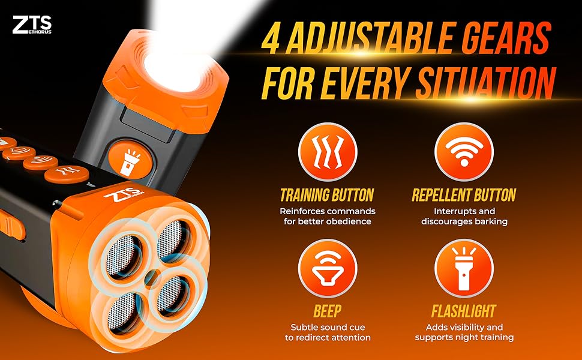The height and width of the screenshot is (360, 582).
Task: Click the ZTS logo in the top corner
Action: click(x=31, y=25)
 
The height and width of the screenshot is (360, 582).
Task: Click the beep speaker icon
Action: click(x=327, y=268)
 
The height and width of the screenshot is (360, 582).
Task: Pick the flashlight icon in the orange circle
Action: click(x=463, y=268)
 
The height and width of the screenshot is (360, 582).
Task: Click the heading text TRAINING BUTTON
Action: click(x=327, y=195)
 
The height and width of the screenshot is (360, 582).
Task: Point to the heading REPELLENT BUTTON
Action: click(x=464, y=195)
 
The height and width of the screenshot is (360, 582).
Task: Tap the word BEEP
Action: click(x=327, y=311)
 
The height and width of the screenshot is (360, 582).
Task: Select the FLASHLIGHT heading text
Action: click(x=464, y=311)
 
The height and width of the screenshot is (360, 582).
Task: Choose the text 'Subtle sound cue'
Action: click(x=327, y=327)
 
